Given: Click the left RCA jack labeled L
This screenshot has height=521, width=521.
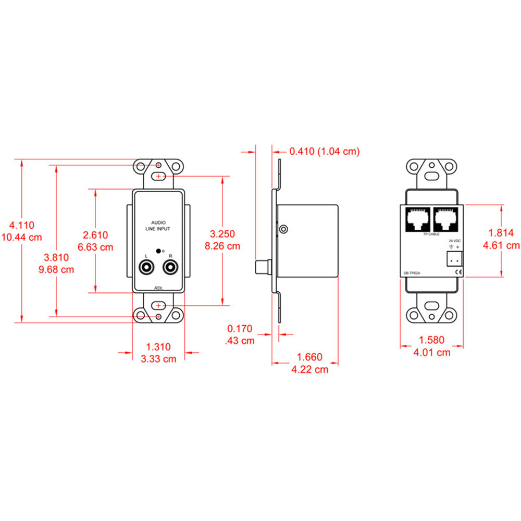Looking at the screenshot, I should tap(146, 268).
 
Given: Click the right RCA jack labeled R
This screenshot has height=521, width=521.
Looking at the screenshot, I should tap(170, 268).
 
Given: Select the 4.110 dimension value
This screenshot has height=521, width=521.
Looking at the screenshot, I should tap(22, 226).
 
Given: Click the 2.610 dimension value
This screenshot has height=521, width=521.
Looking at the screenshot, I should tap(95, 234).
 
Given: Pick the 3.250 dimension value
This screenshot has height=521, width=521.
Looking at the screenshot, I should tap(222, 234).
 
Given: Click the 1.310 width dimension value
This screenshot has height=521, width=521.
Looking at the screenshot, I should tap(158, 346).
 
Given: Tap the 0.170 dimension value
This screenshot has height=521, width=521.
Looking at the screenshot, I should tap(240, 329).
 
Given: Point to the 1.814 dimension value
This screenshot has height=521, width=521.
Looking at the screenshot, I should tap(501, 233).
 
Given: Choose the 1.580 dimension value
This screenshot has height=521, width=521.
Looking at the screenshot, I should tap(432, 340).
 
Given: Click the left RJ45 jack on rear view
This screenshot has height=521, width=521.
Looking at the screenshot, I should tap(417, 219).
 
